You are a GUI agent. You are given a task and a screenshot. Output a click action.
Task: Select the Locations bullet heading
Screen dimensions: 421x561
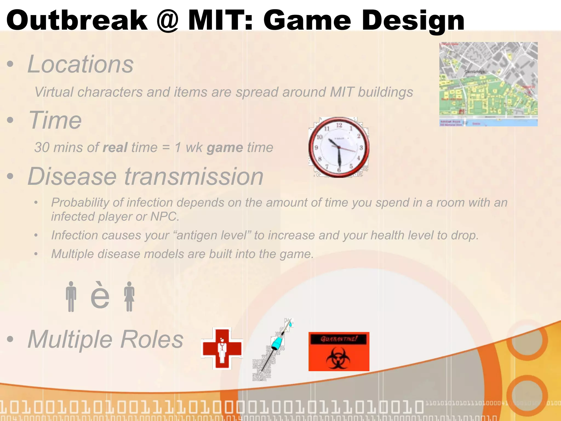pos(80,64)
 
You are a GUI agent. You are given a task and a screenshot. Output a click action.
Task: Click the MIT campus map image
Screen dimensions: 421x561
pos(488,84)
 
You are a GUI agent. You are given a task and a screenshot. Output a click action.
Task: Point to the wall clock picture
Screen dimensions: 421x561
pos(339,147)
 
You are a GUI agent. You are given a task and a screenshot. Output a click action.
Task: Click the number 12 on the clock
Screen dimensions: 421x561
pos(339,125)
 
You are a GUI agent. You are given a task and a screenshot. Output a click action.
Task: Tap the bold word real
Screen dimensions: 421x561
pos(115,147)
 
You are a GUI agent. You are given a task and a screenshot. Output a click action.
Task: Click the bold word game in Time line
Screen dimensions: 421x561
pos(225,147)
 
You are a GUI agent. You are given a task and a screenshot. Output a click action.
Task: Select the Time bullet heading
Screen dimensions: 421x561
pos(55,120)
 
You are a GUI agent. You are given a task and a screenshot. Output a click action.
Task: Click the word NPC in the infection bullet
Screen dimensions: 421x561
pos(164,217)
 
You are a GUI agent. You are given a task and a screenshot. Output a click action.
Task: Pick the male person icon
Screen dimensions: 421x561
pos(71,297)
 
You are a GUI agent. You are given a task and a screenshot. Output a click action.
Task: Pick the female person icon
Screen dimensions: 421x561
pos(129,297)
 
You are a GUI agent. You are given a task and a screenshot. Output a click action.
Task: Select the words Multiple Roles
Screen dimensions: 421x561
pos(105,339)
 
